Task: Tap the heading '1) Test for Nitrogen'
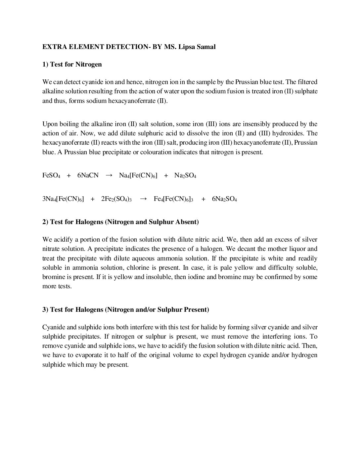(x=72, y=64)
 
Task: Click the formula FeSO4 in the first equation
(x=51, y=175)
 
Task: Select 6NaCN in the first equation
(x=88, y=175)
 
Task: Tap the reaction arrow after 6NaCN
(x=109, y=175)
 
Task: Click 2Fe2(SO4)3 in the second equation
(x=116, y=199)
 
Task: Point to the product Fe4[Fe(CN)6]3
(x=173, y=199)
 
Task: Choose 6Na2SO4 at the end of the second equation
(x=224, y=199)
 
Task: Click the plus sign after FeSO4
(x=69, y=175)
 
